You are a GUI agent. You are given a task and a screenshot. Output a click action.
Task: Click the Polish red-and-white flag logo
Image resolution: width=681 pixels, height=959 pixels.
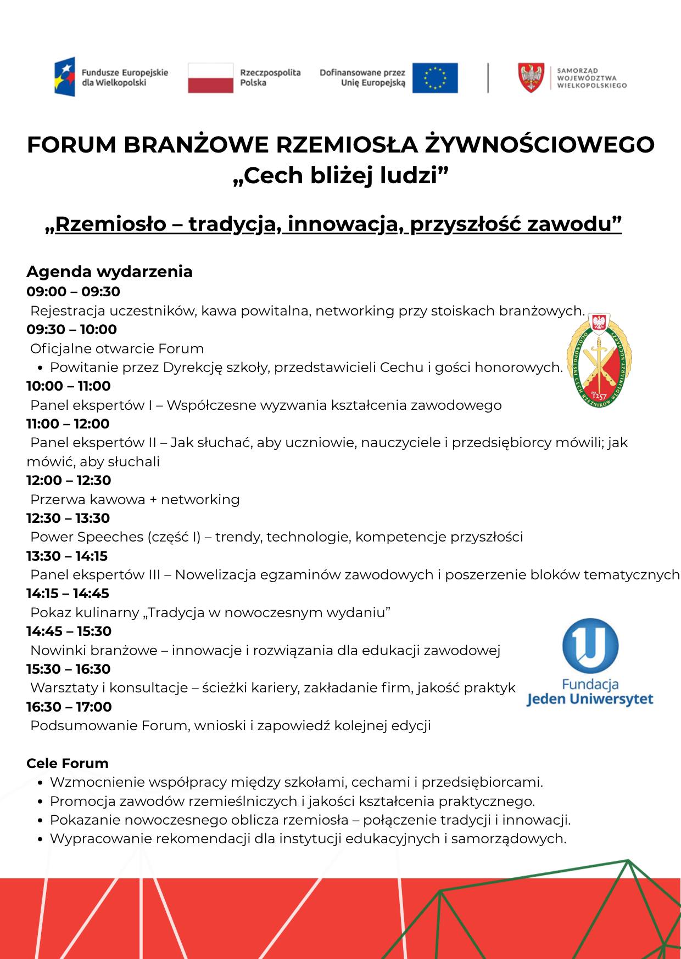[x=211, y=77]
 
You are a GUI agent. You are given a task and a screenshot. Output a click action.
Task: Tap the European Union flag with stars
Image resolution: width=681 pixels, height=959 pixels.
[x=434, y=77]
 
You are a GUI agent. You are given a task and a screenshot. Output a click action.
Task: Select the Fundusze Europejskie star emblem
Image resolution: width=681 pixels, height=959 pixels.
[x=65, y=77]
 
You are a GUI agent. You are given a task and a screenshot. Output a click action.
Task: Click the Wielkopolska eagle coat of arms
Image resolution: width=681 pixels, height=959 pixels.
[x=531, y=77]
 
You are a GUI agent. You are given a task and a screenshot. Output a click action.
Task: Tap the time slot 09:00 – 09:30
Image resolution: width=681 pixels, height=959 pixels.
[x=73, y=291]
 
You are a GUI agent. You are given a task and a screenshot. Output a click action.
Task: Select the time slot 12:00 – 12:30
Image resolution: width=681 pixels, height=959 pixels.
[x=69, y=480]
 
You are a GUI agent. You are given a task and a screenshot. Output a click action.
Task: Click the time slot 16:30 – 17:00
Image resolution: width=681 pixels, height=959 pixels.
[x=69, y=707]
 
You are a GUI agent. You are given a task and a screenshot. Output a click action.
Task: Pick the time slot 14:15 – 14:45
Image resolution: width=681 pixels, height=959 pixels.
[x=68, y=593]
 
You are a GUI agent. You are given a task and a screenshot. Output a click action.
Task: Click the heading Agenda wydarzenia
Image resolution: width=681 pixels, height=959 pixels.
[x=109, y=272]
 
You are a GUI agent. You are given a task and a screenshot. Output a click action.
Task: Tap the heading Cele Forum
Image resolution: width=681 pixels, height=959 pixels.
[x=68, y=763]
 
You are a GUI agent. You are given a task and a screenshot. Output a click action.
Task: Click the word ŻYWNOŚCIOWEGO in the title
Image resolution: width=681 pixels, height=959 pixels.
[x=540, y=144]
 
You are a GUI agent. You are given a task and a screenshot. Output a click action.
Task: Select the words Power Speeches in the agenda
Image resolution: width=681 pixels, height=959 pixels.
[x=87, y=537]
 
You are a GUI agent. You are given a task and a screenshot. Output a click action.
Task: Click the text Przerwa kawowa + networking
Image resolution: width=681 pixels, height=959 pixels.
[x=135, y=499]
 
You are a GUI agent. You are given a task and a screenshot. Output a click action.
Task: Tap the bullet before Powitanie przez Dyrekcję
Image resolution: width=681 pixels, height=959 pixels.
[x=41, y=368]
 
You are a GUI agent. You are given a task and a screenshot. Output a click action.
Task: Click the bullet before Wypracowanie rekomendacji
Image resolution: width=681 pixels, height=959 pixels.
[x=41, y=839]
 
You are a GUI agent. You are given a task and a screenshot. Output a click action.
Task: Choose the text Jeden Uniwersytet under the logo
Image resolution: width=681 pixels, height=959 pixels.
[x=590, y=699]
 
